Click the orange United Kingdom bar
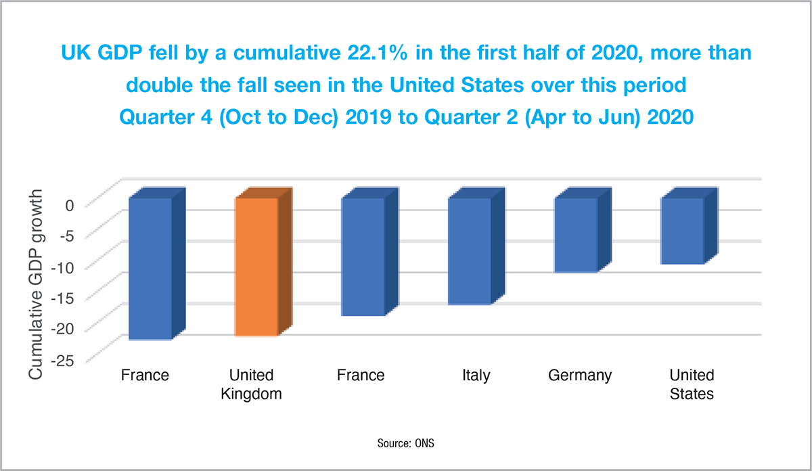pos(256,267)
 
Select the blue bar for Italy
pos(469,251)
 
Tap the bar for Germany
pos(576,235)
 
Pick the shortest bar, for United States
pos(682,231)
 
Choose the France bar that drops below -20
pos(150,269)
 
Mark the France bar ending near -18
pos(363,256)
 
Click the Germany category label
pos(580,375)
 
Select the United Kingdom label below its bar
pos(251,384)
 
